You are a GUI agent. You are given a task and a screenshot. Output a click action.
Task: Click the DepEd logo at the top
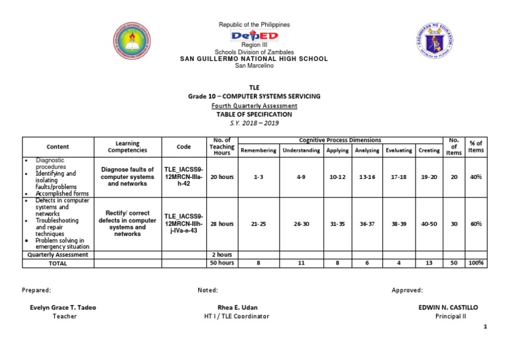click(254, 36)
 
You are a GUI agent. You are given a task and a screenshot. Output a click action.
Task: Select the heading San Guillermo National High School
click(254, 59)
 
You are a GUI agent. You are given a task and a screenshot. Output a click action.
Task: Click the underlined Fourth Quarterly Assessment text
click(254, 105)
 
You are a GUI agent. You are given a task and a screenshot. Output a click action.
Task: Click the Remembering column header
click(258, 150)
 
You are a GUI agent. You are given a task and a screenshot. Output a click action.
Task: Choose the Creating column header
click(429, 150)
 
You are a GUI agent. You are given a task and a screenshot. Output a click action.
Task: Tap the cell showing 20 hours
click(221, 177)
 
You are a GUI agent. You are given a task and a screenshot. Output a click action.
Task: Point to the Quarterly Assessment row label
click(58, 255)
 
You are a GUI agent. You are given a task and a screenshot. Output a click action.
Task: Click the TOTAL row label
click(58, 263)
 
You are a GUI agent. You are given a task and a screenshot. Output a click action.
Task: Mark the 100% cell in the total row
click(476, 263)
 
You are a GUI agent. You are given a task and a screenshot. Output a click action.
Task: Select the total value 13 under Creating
click(429, 263)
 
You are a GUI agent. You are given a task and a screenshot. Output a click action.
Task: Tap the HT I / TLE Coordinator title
click(237, 316)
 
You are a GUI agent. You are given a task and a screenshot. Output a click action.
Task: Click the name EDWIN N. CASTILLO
click(447, 308)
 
